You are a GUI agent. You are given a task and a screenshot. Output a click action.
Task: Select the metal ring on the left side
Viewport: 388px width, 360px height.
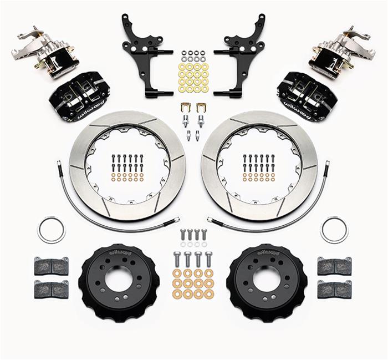point(52,229)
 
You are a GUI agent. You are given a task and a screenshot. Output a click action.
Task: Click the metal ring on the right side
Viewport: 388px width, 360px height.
point(334,229)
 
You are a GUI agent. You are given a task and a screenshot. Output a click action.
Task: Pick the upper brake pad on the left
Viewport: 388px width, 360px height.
point(51,266)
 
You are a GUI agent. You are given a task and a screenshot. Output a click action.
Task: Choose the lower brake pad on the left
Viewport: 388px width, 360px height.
point(51,288)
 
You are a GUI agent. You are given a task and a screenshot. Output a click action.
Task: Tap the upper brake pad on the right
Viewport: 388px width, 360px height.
point(334,266)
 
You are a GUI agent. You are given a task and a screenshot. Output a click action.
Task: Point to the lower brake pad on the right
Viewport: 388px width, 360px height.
point(334,288)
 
